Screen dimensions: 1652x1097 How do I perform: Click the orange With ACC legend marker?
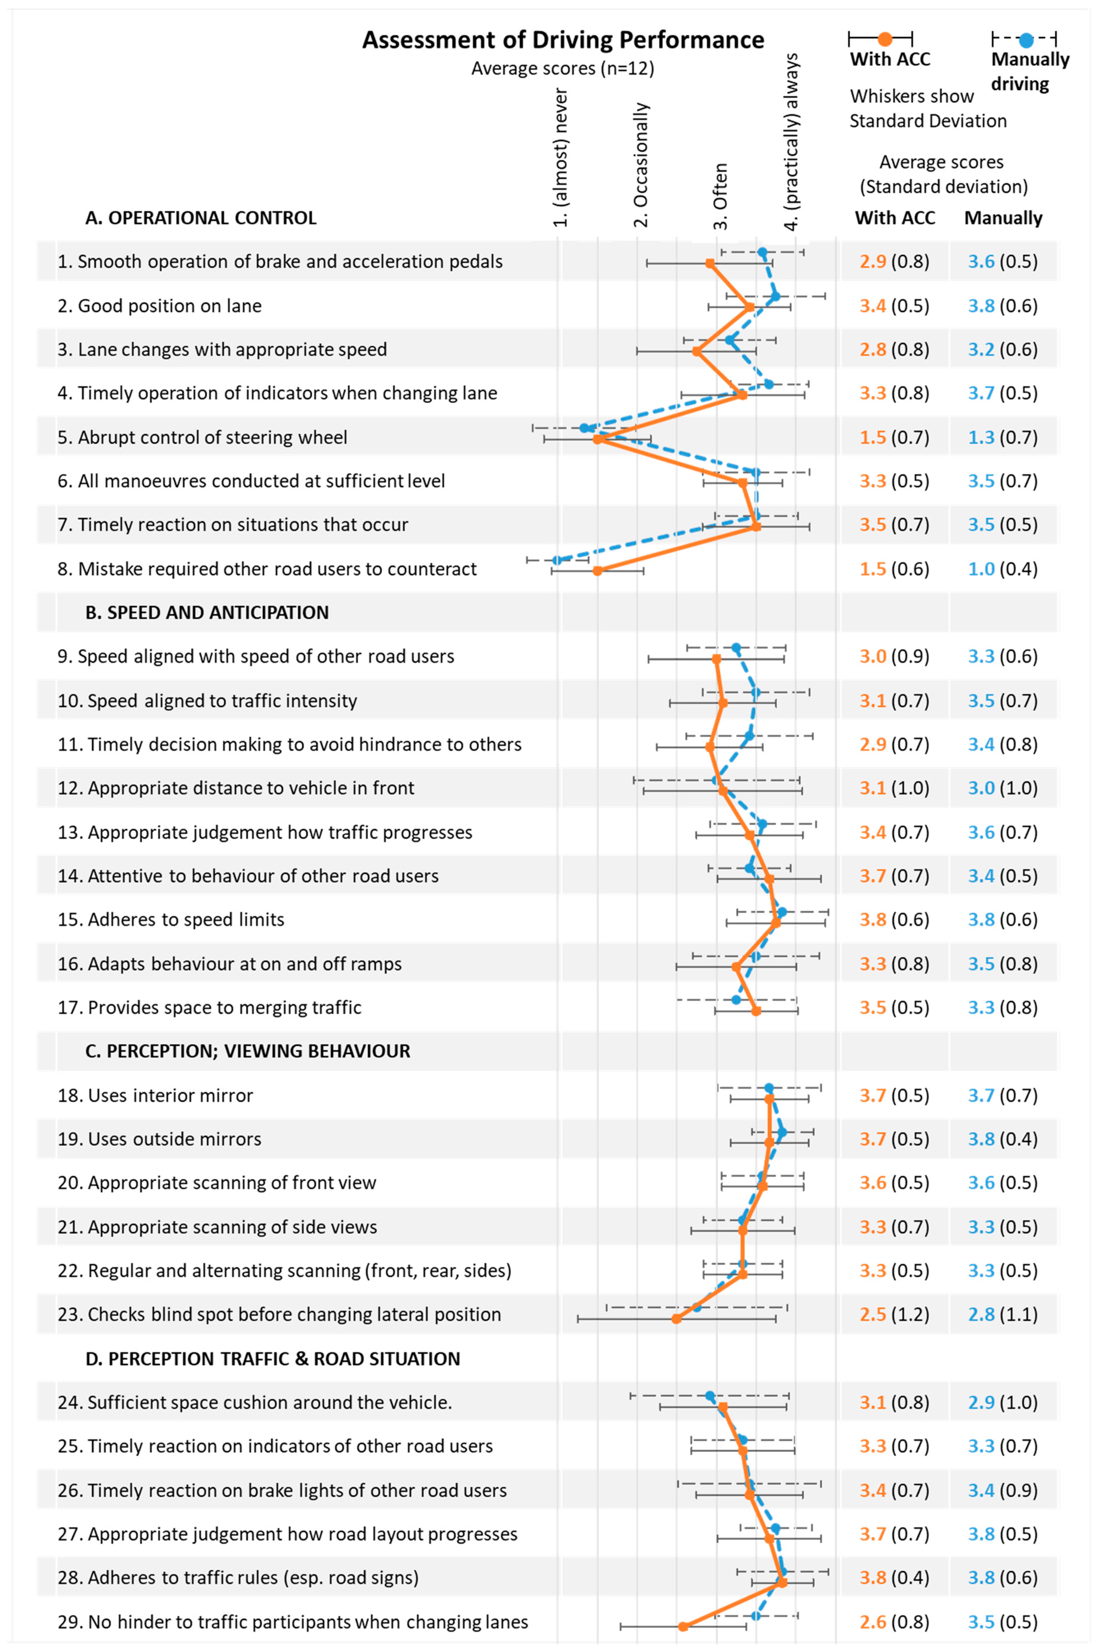885,38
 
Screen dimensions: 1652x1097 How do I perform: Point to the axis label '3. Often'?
720,196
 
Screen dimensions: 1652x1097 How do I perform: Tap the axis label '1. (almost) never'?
561,157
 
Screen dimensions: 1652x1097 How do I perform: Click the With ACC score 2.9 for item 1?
873,262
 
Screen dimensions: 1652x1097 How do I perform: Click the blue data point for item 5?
584,428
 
